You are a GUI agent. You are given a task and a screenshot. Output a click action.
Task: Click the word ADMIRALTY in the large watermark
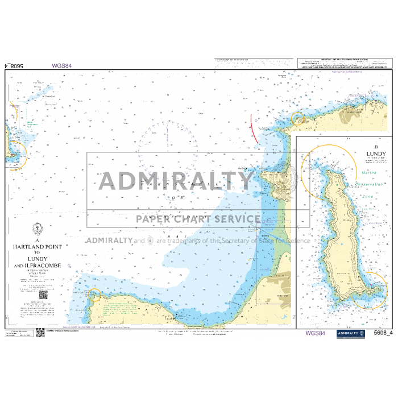point(176,181)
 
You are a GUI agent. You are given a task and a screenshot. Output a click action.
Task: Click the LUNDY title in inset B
point(376,154)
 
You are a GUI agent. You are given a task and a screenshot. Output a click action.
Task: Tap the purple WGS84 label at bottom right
point(315,333)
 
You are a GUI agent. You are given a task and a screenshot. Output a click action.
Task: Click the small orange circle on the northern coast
point(297,118)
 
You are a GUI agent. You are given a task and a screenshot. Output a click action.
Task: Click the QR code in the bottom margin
point(40,333)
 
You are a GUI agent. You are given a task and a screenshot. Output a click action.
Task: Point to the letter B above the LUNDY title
point(376,146)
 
